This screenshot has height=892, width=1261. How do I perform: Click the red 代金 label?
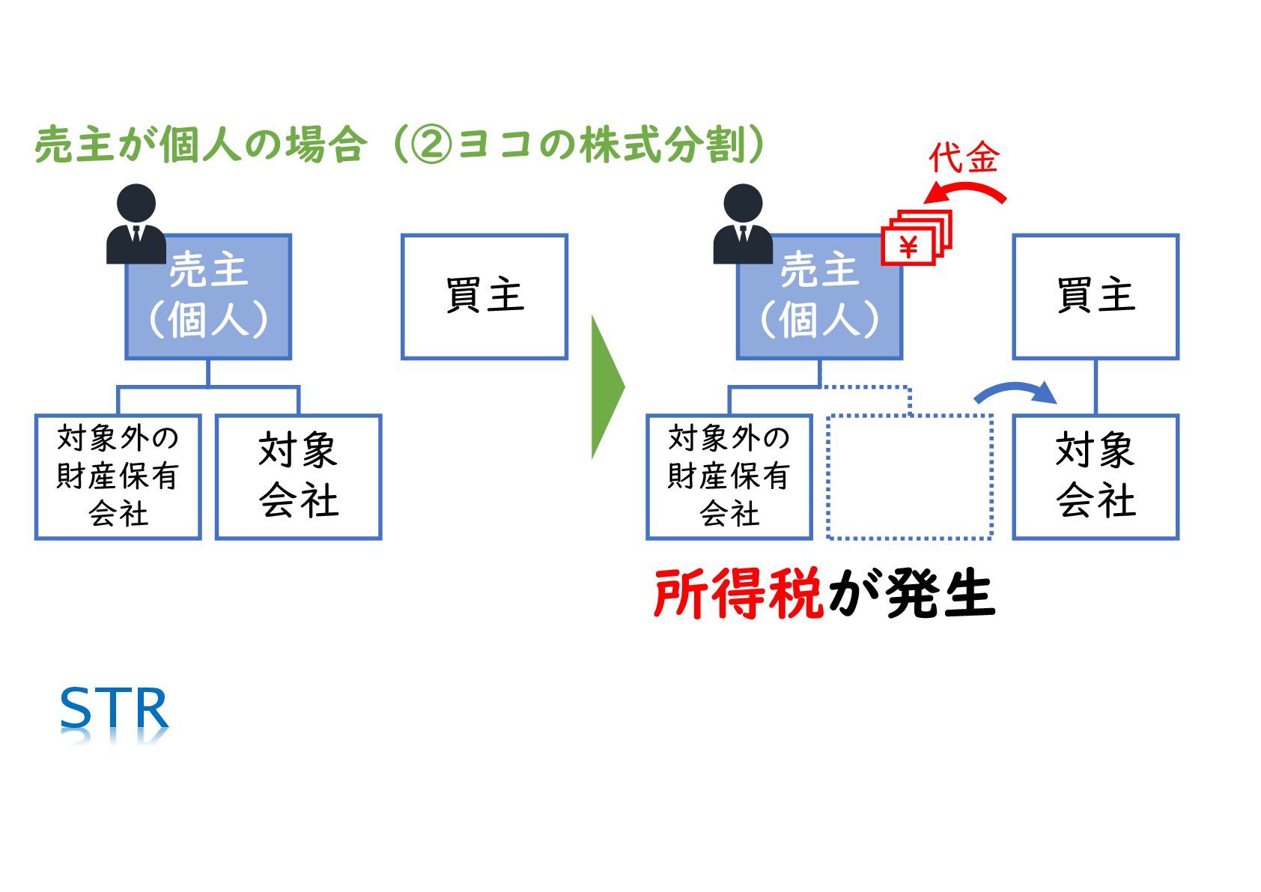pos(964,158)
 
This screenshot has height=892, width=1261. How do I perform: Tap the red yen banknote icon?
pos(915,237)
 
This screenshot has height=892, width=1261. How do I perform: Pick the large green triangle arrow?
pos(606,386)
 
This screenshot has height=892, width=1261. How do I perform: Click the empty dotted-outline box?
pos(909,476)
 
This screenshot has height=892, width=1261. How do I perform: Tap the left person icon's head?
pos(136,204)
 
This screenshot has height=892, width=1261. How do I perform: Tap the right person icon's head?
pos(743,204)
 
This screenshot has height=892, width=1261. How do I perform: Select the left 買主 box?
pos(484,297)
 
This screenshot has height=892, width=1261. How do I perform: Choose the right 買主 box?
pos(1096,297)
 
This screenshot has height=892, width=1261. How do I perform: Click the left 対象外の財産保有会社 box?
pos(118,476)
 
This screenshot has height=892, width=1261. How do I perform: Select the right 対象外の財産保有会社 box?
pos(729,476)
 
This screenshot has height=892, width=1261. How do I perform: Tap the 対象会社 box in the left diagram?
pos(299,476)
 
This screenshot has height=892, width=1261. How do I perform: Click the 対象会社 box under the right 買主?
pos(1096,476)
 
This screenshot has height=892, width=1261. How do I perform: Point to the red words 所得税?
pos(738,594)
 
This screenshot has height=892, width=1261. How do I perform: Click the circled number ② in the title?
pos(432,145)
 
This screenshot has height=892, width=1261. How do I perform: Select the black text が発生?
pos(911,594)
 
